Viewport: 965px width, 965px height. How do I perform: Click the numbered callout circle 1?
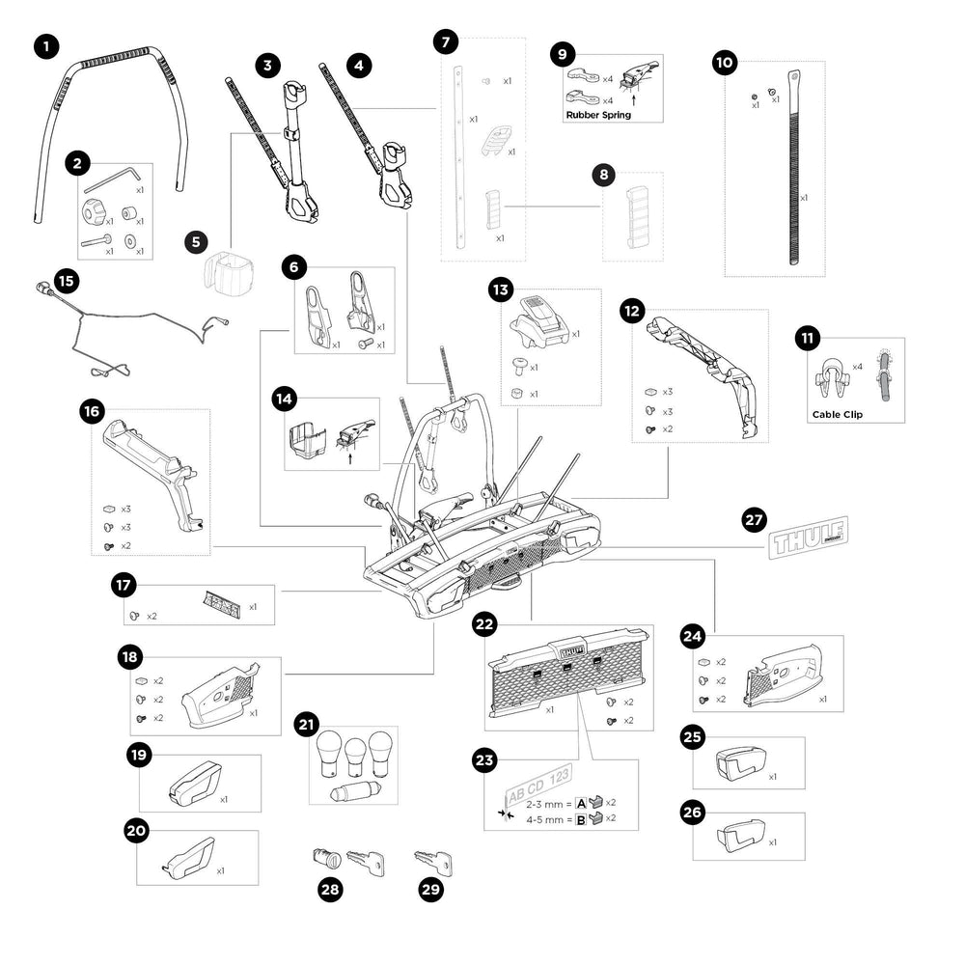(45, 45)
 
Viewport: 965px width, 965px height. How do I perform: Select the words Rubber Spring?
(597, 115)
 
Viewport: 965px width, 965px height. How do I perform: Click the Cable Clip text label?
(833, 415)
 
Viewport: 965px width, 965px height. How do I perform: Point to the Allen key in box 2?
(111, 178)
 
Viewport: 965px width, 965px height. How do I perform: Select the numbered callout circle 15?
(65, 281)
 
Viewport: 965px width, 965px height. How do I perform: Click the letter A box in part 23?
(582, 803)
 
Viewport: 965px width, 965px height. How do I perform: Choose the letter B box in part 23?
(582, 818)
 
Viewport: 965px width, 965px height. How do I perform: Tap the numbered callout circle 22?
(484, 625)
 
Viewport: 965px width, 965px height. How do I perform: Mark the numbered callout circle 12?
(632, 312)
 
